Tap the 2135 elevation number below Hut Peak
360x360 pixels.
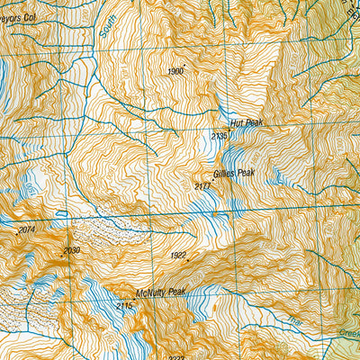coord(219,136)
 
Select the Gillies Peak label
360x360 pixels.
coord(229,171)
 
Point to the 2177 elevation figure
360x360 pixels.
coord(202,185)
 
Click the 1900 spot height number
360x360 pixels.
coord(175,70)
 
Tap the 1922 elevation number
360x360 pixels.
coord(178,256)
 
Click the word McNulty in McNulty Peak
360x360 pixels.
coord(150,292)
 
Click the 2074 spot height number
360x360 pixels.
coord(26,230)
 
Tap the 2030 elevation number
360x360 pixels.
coord(72,250)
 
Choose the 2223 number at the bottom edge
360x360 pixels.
coord(175,356)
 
